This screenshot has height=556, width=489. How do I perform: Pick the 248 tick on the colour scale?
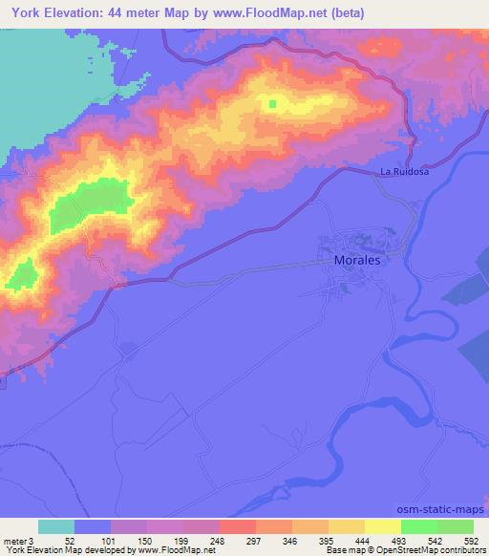point(219,540)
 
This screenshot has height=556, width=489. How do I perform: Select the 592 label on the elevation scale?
point(473,540)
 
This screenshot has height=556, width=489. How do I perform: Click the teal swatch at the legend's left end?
point(56,526)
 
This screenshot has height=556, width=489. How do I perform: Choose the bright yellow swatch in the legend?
point(382,526)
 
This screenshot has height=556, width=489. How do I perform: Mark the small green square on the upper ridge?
point(272,104)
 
